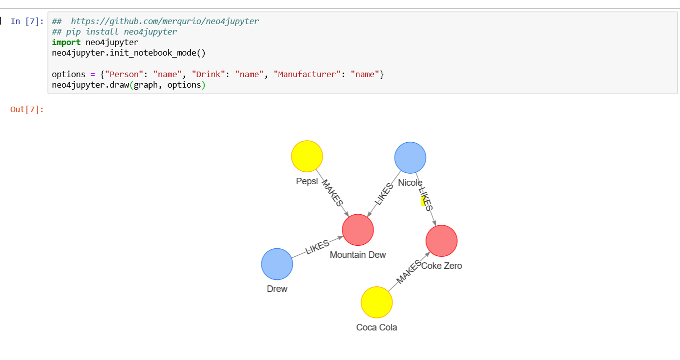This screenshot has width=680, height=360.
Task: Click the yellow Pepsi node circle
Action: coord(307,156)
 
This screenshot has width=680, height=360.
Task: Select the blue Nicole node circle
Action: coord(410,158)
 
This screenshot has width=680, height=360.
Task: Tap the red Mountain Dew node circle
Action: coord(358,230)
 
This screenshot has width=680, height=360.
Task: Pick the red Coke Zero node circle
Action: coord(441,241)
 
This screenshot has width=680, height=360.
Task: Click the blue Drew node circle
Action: coord(277,264)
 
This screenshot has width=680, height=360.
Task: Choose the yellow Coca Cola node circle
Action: coord(376,302)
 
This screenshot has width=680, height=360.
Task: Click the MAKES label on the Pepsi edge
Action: coord(332,193)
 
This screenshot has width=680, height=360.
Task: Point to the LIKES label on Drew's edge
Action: coord(317,247)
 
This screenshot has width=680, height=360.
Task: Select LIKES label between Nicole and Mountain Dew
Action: coord(384,194)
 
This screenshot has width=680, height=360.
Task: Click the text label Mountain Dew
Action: coord(358,255)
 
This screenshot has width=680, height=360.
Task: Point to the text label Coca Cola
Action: coord(376,327)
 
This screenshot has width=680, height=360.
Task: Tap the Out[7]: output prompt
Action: coord(27,110)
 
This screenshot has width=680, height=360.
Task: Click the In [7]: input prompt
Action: coord(27,22)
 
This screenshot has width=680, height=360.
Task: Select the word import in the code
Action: coord(66,43)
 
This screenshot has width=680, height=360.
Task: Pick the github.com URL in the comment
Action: coord(165,22)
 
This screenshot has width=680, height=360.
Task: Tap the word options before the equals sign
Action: coord(69,74)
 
